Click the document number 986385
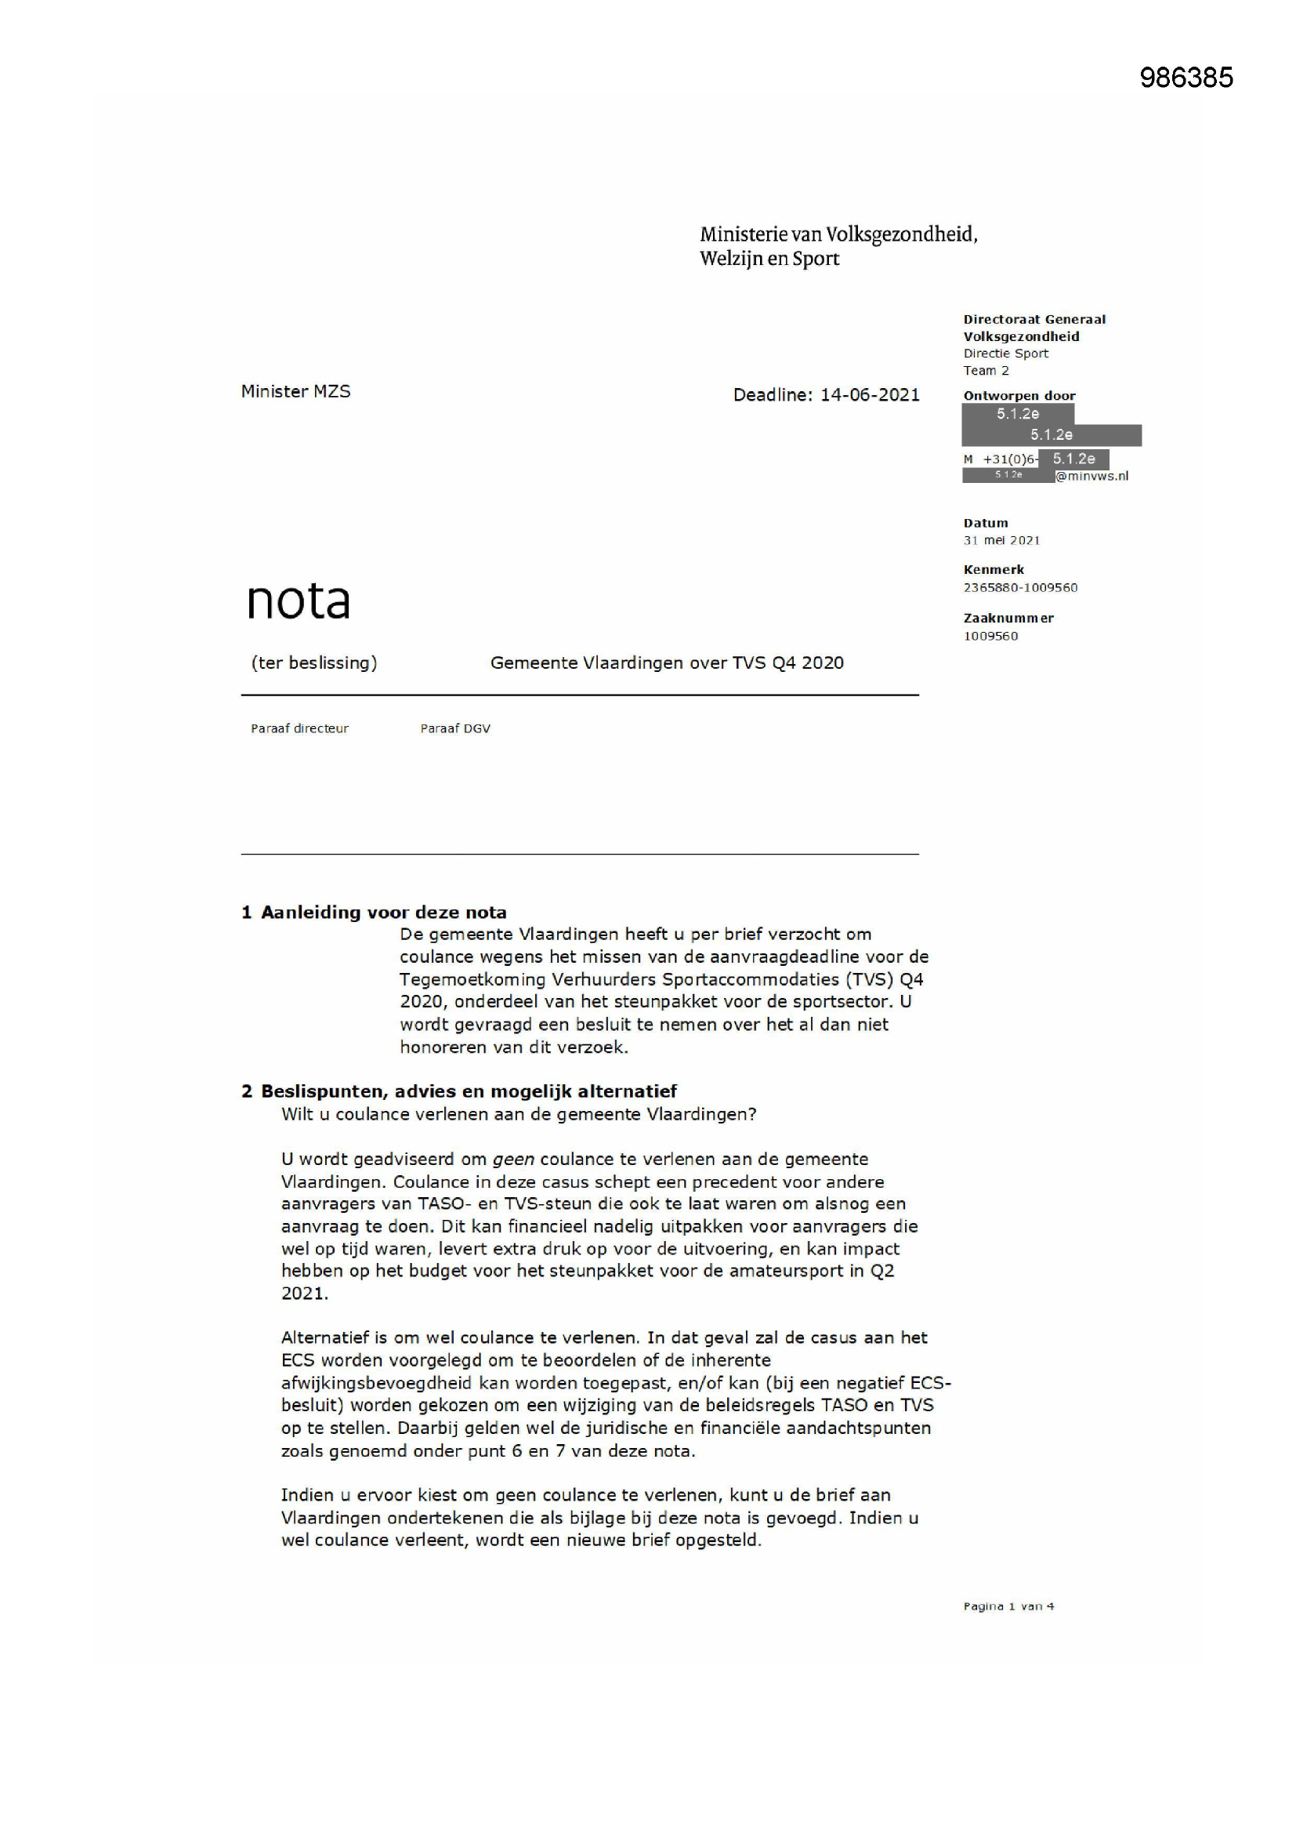click(1186, 78)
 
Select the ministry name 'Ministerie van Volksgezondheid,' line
click(838, 234)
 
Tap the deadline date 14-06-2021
click(870, 395)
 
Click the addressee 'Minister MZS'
click(295, 391)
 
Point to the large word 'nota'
click(298, 601)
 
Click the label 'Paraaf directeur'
click(299, 728)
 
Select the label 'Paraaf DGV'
click(455, 728)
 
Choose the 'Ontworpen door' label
click(1019, 396)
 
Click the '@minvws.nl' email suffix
click(1091, 477)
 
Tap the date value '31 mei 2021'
click(1001, 540)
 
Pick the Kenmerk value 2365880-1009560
click(1020, 587)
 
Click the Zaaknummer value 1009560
click(990, 637)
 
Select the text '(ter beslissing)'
click(313, 662)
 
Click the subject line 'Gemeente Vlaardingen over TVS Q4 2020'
click(666, 662)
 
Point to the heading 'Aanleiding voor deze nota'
click(383, 913)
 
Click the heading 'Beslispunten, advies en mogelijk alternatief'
click(469, 1091)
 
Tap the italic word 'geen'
click(513, 1160)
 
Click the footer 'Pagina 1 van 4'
click(1008, 1606)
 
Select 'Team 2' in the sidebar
click(986, 370)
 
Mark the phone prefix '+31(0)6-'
click(1010, 459)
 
